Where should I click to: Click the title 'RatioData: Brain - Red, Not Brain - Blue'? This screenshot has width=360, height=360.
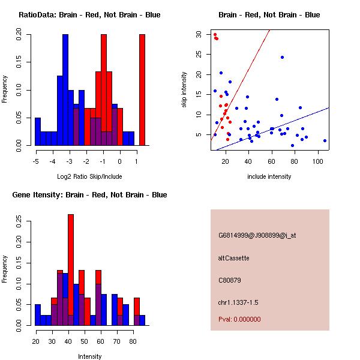tap(89, 15)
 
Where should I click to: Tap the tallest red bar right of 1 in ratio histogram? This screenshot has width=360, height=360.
tap(142, 90)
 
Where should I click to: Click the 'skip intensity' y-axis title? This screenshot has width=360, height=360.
tap(184, 90)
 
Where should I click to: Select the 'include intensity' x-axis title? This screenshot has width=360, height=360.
tap(269, 176)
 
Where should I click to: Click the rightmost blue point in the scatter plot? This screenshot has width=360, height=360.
tap(325, 140)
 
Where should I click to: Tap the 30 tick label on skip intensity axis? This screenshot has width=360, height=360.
tap(199, 34)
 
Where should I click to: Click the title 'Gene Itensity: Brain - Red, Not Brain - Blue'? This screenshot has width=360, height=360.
tap(89, 195)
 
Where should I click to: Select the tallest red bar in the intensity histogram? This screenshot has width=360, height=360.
tap(71, 270)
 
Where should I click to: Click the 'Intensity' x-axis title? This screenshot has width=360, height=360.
tap(89, 356)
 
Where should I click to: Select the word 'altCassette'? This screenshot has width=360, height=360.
tap(234, 258)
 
